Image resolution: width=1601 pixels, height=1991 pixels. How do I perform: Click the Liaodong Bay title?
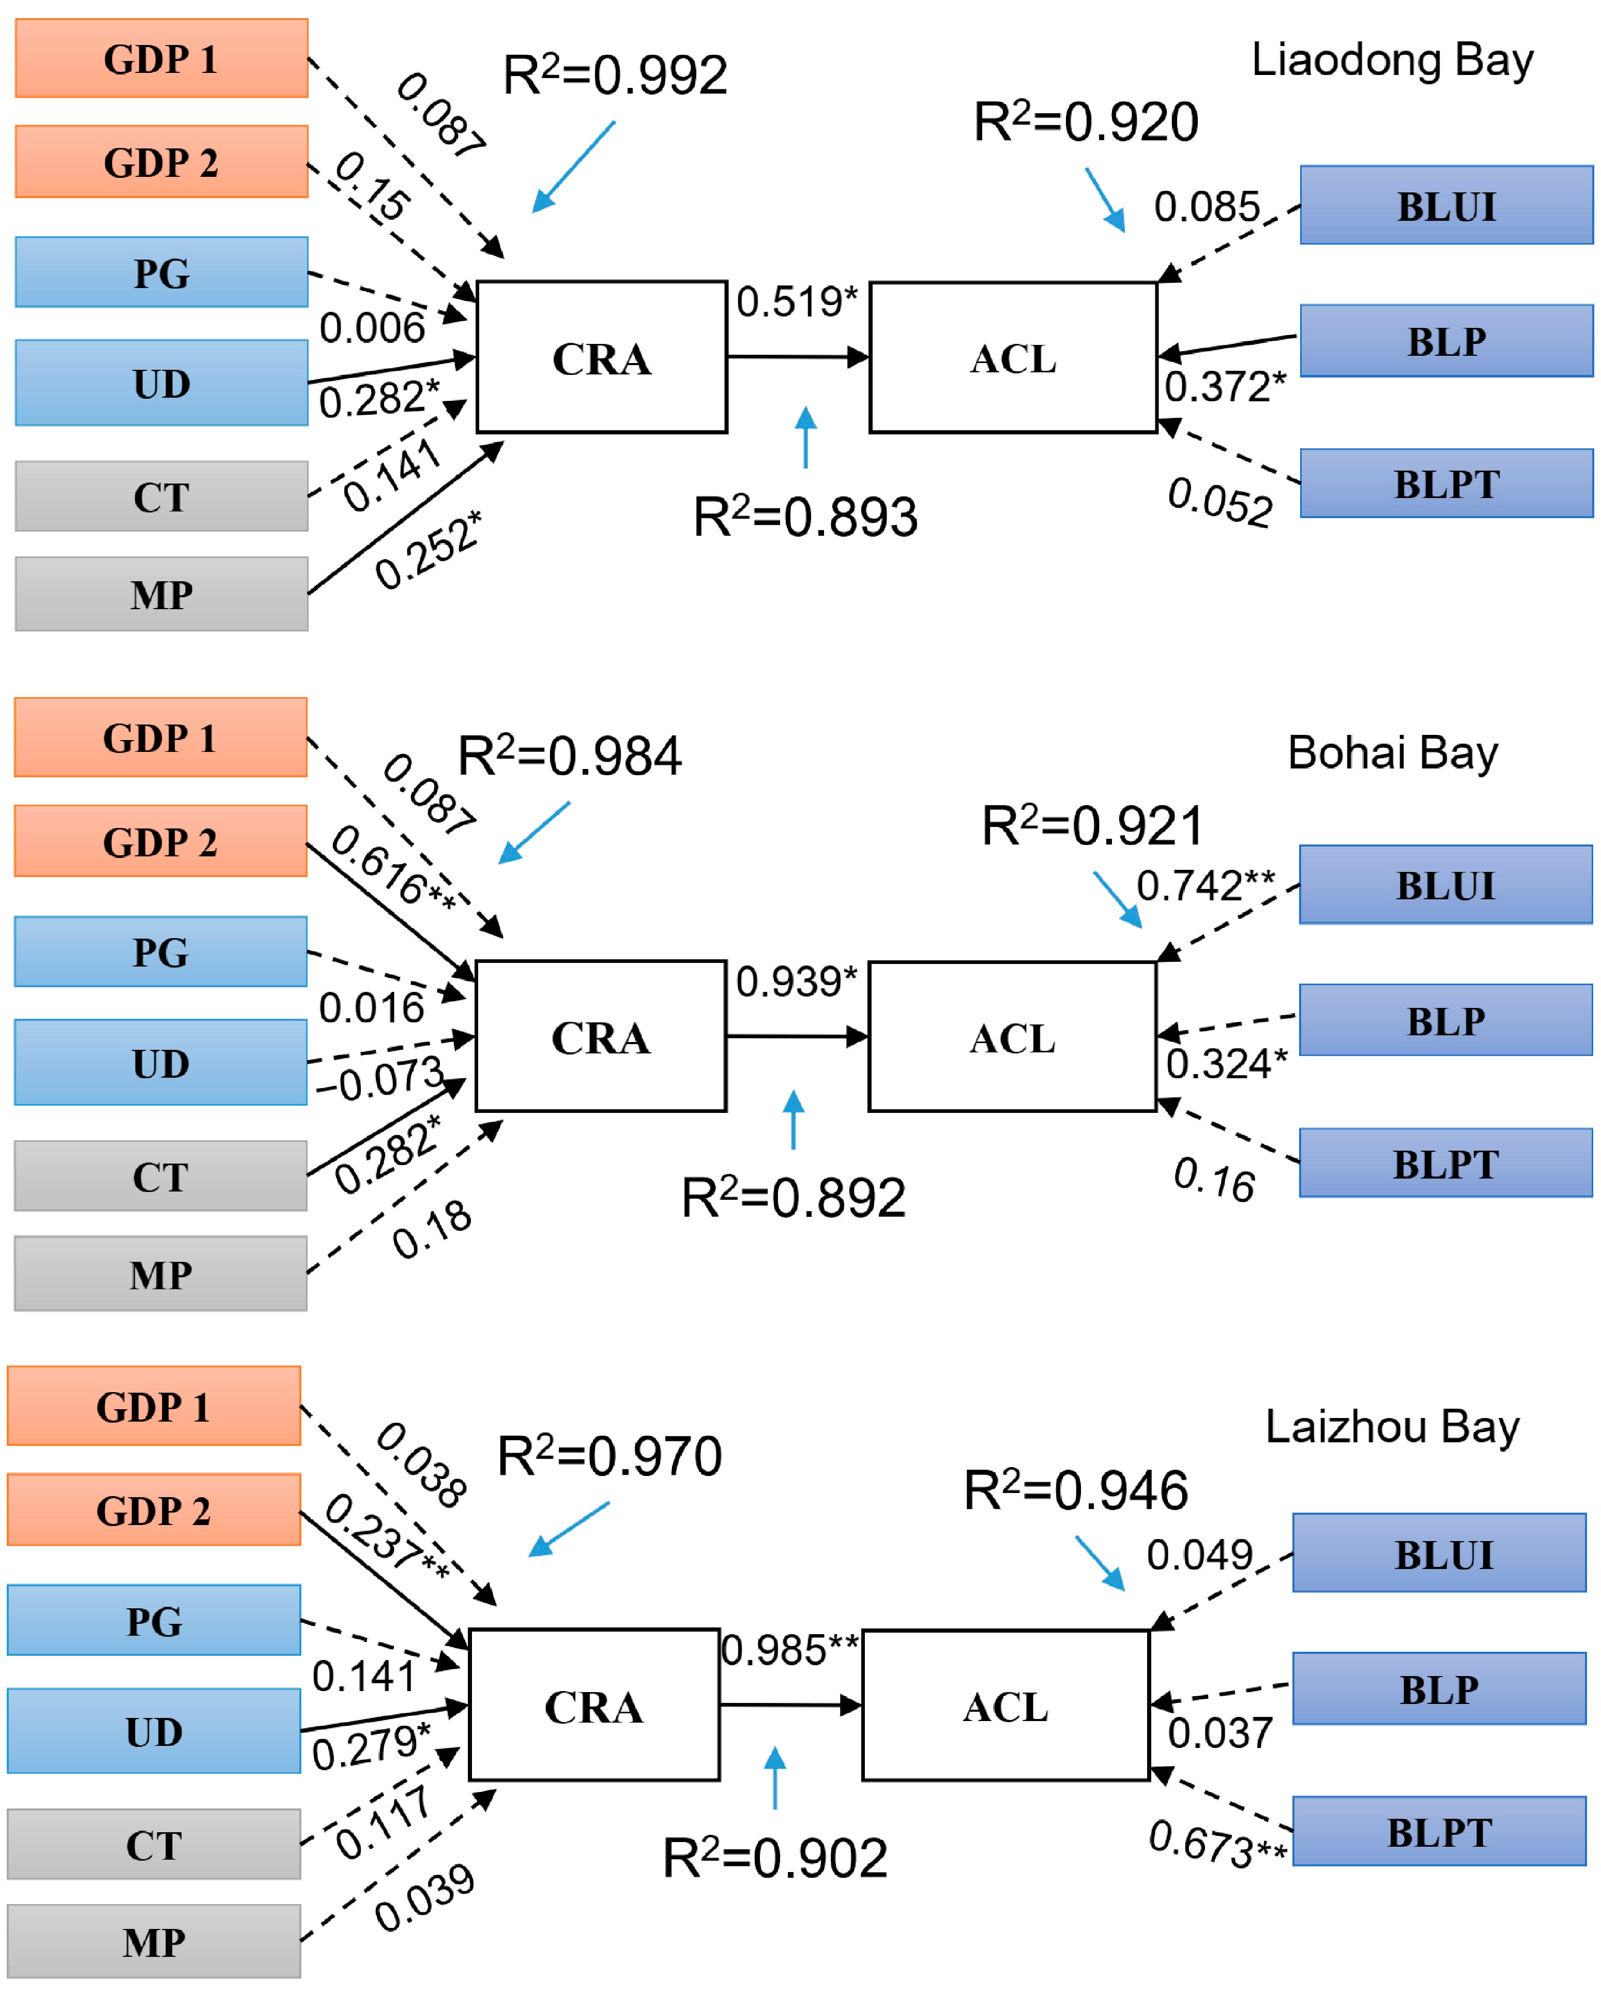click(x=1392, y=60)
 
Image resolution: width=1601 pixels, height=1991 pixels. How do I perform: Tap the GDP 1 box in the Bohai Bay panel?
click(x=161, y=738)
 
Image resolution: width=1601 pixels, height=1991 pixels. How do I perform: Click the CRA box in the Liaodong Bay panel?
click(x=601, y=357)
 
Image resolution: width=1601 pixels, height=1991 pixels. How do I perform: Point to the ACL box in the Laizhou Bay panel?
click(x=1005, y=1706)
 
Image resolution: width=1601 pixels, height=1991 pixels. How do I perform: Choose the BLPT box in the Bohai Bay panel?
click(x=1445, y=1164)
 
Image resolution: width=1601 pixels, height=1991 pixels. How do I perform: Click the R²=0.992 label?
click(x=615, y=76)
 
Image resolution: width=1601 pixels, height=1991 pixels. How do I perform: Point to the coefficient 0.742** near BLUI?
click(x=1205, y=885)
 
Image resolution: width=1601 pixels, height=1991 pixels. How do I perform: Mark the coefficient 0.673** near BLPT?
click(x=1217, y=1843)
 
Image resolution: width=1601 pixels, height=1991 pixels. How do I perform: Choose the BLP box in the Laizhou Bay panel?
click(x=1439, y=1689)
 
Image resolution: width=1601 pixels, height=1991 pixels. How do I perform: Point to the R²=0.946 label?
click(x=1076, y=1490)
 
